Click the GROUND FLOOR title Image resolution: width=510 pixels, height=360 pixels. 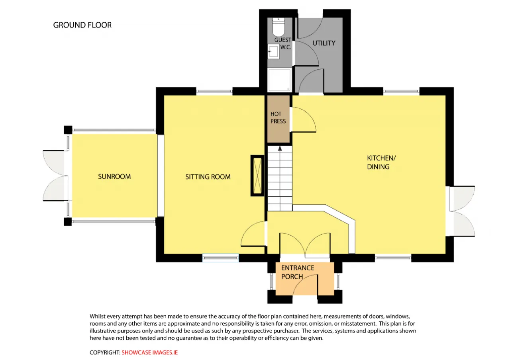tap(82, 25)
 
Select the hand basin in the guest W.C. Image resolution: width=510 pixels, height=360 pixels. tap(273, 51)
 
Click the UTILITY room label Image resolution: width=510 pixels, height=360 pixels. tap(324, 43)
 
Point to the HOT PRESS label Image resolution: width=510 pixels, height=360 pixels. tap(278, 117)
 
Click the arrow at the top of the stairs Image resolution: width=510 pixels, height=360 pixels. tap(280, 149)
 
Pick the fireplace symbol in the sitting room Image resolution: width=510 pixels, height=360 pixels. tap(257, 176)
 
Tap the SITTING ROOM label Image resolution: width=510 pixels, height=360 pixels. tap(208, 177)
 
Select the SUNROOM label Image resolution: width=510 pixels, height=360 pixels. tap(114, 176)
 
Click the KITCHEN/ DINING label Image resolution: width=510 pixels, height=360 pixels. tap(382, 162)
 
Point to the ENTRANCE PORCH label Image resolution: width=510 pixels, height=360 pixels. tap(298, 272)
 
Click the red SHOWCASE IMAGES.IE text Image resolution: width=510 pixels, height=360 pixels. tap(149, 352)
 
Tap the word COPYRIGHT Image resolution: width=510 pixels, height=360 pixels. tap(105, 352)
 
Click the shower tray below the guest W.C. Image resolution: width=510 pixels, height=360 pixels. tap(280, 80)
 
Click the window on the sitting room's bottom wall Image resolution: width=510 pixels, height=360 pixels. tap(220, 258)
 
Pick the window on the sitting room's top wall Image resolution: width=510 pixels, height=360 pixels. tap(214, 91)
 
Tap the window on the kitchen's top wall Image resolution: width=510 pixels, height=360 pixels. tap(401, 91)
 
